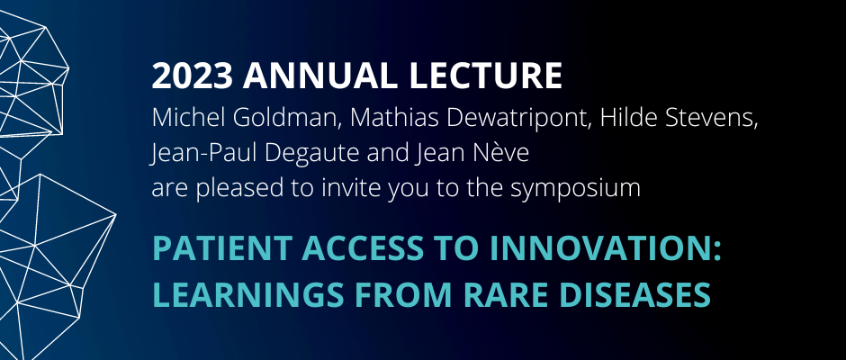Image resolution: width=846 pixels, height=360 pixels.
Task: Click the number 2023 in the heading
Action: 192,76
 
